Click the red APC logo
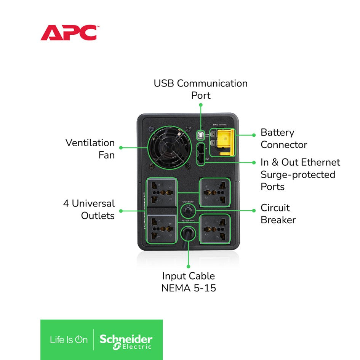[x=69, y=33]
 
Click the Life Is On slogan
[x=69, y=340]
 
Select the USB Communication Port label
[x=200, y=89]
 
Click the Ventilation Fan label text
[x=90, y=149]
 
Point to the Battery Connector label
[x=283, y=139]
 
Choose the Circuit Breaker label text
[x=278, y=214]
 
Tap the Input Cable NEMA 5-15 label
[x=189, y=282]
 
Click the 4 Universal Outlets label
[x=89, y=210]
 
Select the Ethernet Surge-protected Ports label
[x=300, y=174]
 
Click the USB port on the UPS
[x=200, y=135]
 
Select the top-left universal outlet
[x=162, y=193]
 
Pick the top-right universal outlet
[x=215, y=192]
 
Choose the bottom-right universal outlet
[x=215, y=229]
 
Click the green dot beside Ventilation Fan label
[x=121, y=147]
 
